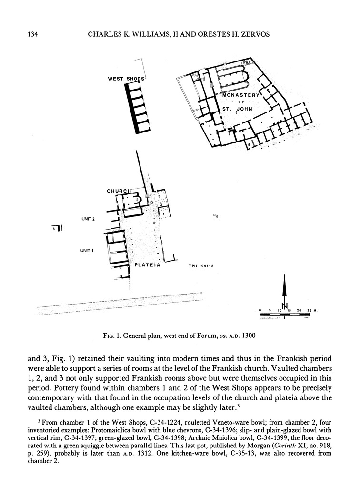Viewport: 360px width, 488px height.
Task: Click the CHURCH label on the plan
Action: (x=119, y=191)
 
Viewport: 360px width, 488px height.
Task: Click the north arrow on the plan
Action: (x=284, y=292)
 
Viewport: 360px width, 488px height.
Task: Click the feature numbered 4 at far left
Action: (x=55, y=229)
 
